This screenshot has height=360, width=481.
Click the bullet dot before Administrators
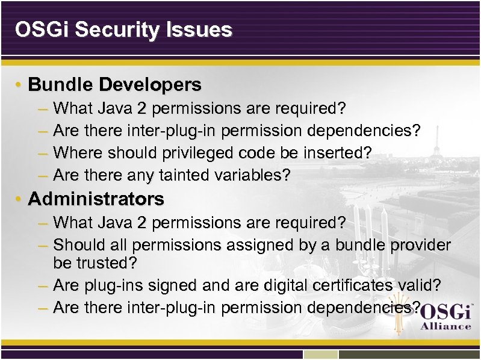20,199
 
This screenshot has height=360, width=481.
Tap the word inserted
337,153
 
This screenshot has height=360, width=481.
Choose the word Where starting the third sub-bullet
78,153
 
